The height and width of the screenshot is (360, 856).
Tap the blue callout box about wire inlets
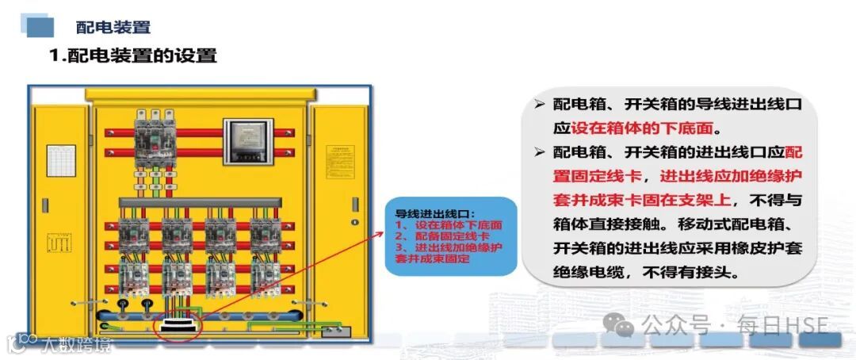[449, 236]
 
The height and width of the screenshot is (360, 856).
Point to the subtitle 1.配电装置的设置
[133, 56]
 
